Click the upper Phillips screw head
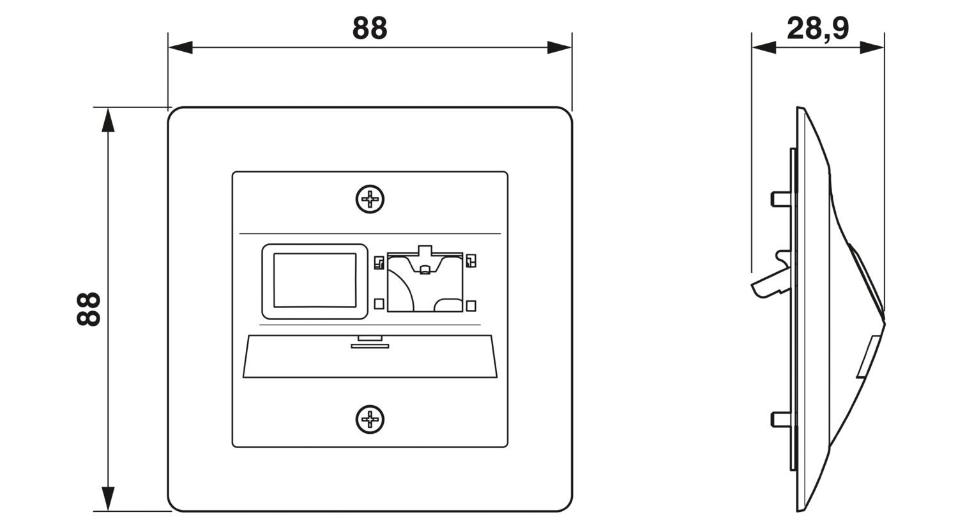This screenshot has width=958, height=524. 370,199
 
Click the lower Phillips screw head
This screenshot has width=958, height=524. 370,419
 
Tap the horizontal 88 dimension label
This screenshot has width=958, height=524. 370,28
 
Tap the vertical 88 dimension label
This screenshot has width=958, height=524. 89,309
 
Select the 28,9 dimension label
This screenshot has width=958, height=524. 817,29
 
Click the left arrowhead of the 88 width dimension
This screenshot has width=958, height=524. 181,47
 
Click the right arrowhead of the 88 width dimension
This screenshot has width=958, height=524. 559,47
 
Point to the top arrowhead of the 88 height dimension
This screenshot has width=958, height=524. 108,119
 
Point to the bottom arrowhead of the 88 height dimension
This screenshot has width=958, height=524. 108,498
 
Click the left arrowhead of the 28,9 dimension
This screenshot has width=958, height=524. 764,47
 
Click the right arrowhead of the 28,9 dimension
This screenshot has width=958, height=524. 872,47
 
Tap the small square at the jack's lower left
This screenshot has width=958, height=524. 379,304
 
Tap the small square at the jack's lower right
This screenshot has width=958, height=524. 471,306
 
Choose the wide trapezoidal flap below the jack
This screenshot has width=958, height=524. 370,357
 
